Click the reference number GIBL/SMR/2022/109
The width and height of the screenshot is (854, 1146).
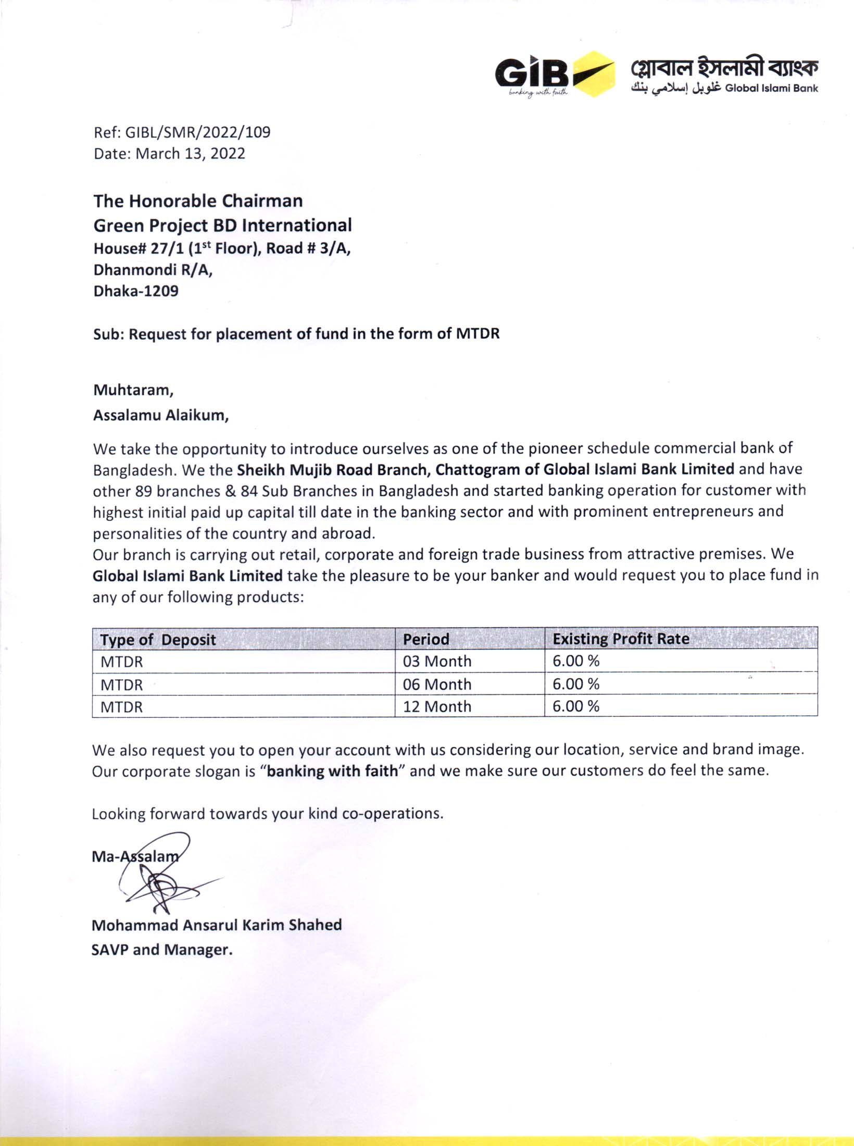pos(198,132)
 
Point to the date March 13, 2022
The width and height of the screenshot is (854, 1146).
pos(190,154)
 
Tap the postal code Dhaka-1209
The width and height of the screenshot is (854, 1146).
pos(136,291)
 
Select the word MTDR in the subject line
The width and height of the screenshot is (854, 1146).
pos(478,333)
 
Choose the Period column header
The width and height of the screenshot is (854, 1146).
pos(426,639)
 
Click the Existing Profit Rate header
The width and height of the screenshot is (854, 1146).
pos(621,639)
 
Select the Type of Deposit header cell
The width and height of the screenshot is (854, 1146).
pos(158,640)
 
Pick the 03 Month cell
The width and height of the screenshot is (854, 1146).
pos(437,661)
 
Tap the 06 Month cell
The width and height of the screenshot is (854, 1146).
pos(437,684)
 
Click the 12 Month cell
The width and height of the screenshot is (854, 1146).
pos(437,706)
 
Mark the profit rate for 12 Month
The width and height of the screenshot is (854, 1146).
pos(576,706)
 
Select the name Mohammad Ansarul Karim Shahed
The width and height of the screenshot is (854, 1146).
pos(217,925)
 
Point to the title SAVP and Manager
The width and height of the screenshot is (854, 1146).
pos(162,950)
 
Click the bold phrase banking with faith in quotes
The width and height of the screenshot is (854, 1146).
pos(332,771)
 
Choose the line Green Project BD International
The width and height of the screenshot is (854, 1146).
pos(222,225)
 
